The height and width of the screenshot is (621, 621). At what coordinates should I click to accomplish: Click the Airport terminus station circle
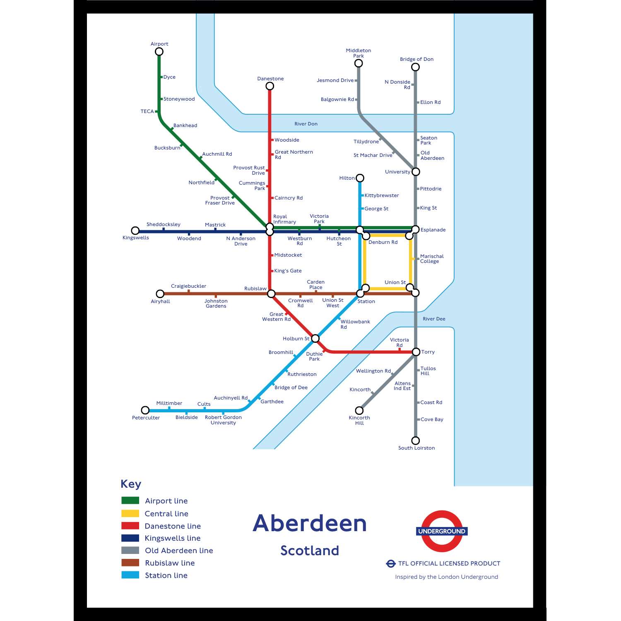(159, 52)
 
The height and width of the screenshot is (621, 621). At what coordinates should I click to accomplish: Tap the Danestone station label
(270, 79)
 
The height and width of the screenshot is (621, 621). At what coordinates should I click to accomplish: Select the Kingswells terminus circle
(135, 231)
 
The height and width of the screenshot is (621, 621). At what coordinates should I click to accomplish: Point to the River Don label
(306, 124)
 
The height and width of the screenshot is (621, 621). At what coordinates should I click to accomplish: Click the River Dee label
(434, 319)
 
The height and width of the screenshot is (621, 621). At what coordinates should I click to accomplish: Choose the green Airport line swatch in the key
(130, 501)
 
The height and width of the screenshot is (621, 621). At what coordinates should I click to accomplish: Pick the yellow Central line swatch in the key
(130, 513)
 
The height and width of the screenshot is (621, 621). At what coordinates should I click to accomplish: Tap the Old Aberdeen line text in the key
(179, 551)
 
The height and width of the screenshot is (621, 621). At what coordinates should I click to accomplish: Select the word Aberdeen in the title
(310, 523)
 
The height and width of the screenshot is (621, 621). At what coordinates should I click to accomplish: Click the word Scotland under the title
(310, 551)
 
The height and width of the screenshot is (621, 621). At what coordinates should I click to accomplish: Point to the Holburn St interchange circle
(315, 339)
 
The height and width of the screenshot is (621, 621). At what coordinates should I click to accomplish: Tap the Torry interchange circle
(416, 352)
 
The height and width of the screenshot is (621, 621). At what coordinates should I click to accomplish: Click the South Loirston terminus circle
(416, 440)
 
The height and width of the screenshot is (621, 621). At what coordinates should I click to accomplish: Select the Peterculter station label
(146, 418)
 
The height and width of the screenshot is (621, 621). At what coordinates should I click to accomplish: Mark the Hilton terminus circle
(360, 178)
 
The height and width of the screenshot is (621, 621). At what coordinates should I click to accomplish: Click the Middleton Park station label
(359, 53)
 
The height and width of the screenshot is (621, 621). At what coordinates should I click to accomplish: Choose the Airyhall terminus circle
(160, 294)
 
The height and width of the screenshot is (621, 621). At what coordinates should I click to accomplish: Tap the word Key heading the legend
(131, 484)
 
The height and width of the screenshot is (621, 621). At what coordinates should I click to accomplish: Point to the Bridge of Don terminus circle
(415, 67)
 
